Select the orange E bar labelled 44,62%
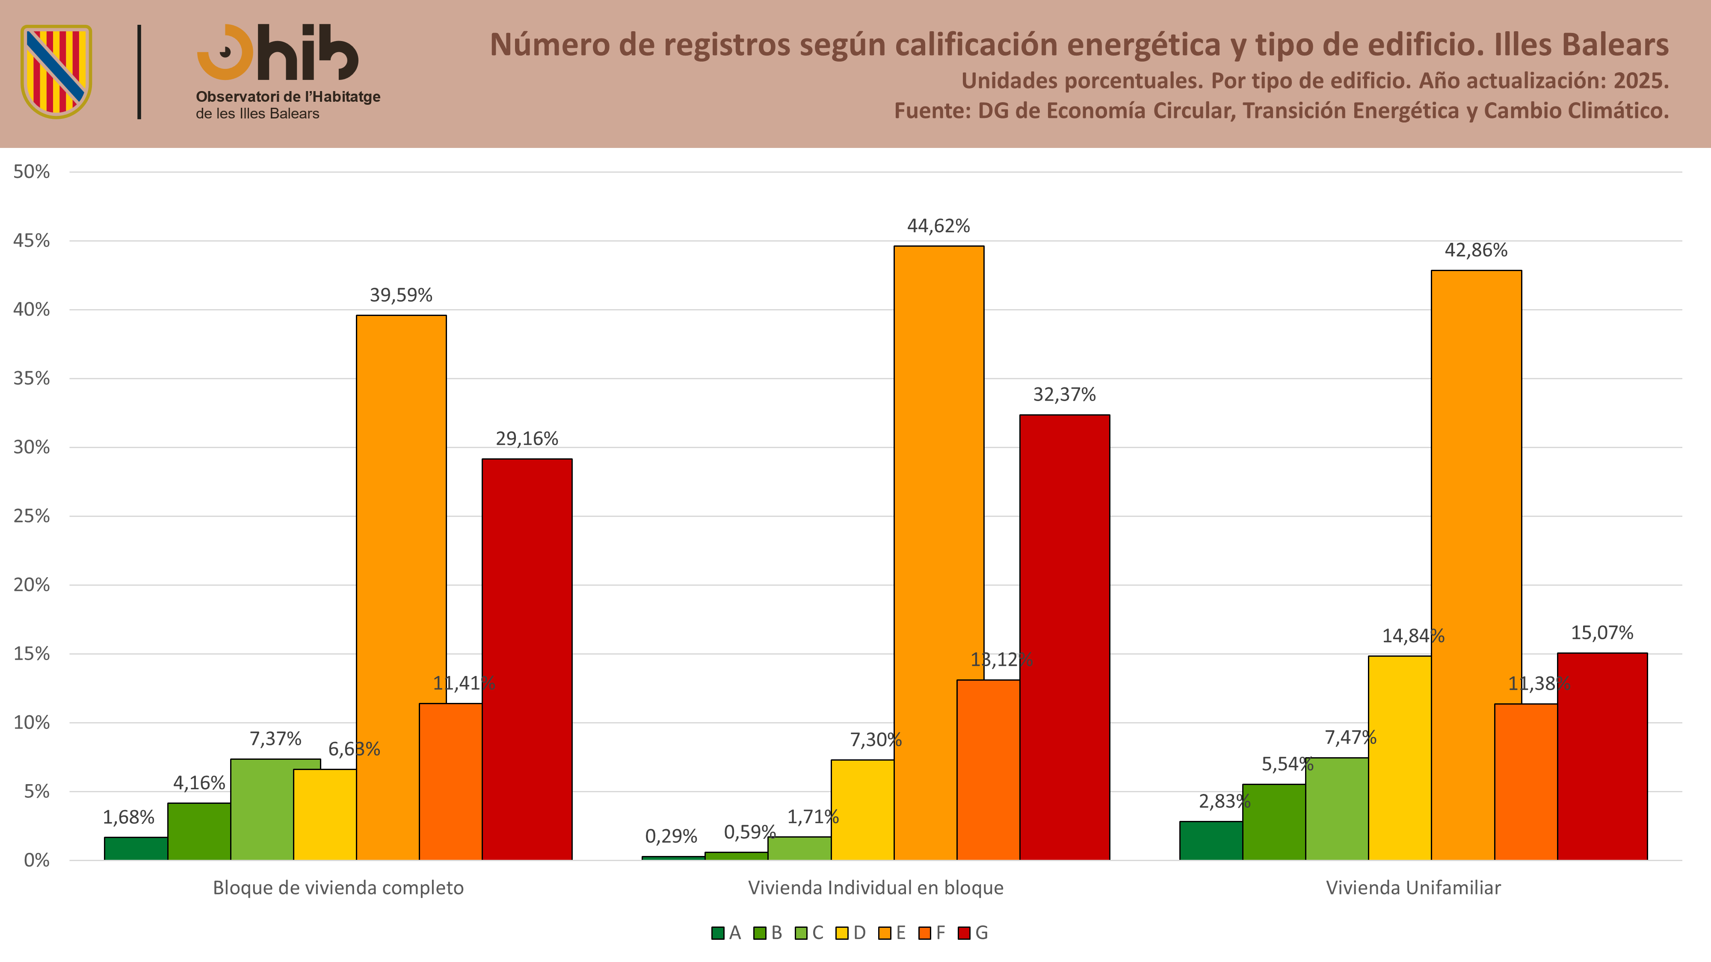click(938, 553)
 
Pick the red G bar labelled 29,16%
click(527, 659)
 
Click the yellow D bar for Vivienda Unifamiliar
click(1400, 758)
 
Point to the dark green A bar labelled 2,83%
click(1211, 841)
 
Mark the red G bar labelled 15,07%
click(1602, 756)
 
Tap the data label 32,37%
click(1064, 394)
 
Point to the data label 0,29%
click(671, 836)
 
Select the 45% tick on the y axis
click(31, 240)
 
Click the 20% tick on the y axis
click(31, 585)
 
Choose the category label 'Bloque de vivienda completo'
click(338, 888)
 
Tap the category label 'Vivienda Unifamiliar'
click(1413, 888)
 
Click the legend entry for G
click(973, 933)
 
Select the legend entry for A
click(726, 933)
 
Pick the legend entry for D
click(851, 933)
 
